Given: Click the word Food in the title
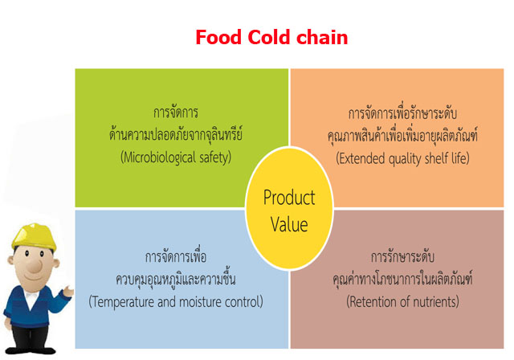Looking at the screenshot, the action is pos(218,37).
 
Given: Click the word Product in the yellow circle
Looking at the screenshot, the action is pos(289,198).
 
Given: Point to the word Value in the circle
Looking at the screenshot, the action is pos(289,224).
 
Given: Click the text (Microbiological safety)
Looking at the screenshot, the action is pos(176,157).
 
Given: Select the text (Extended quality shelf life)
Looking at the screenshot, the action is pos(402,158).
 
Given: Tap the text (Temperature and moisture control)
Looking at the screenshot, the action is pos(176,301).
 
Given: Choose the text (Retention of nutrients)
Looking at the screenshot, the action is pos(402,301).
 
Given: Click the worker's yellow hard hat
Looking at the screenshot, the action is pos(34,236).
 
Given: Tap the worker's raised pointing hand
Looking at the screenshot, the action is pos(68,291).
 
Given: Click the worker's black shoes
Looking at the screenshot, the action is pos(31,350).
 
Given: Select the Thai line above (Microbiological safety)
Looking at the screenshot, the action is pos(176,135).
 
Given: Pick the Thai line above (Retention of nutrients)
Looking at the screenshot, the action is pos(402,279).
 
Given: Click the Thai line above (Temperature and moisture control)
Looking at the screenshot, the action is pos(176,279).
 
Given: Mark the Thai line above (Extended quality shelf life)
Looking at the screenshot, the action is pos(402,136).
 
